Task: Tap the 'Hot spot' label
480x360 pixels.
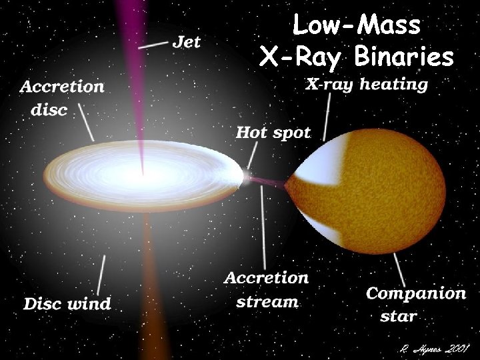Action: click(273, 132)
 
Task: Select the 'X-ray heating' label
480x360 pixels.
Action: click(367, 85)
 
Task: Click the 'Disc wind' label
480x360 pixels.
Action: click(67, 304)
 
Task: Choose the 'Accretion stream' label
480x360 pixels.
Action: click(267, 289)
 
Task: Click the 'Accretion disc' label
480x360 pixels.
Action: click(61, 97)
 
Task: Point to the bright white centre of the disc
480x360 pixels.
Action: click(143, 175)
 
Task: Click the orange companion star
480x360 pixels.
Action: click(387, 193)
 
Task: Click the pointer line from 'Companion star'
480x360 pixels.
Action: click(399, 267)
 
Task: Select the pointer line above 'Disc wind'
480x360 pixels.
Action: click(102, 273)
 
